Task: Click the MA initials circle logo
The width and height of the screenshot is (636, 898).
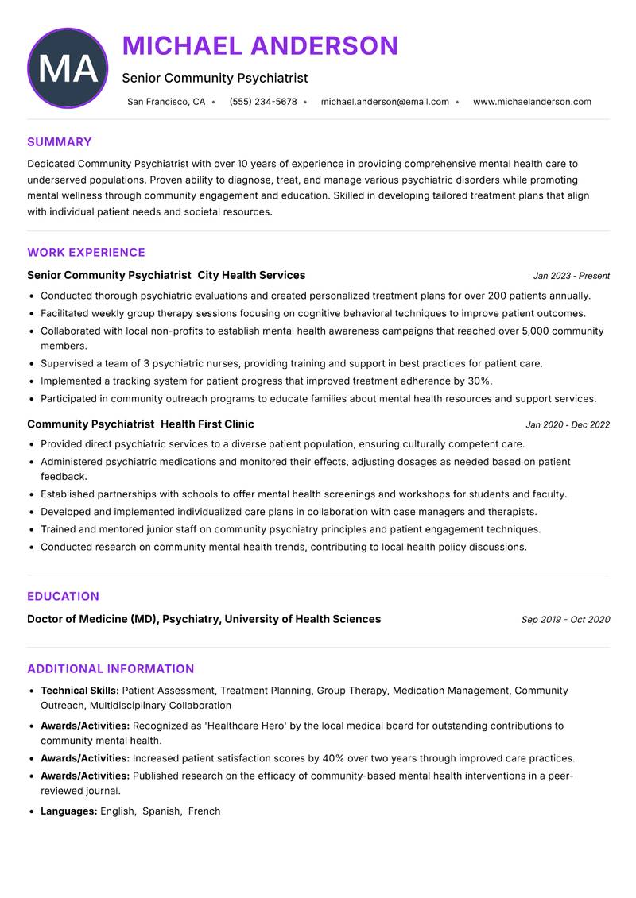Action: click(68, 68)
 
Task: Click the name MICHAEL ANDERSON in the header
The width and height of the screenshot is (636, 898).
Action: click(260, 46)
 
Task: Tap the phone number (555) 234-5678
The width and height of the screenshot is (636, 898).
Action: click(263, 102)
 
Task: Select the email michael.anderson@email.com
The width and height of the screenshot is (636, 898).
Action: click(385, 102)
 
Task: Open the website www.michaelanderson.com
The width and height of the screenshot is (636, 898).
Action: click(532, 102)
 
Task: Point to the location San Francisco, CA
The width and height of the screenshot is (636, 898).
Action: click(166, 102)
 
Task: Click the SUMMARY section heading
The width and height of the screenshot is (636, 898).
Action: click(60, 142)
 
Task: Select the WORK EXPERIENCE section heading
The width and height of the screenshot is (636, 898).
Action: click(86, 253)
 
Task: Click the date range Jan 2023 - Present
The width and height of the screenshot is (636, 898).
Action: click(571, 276)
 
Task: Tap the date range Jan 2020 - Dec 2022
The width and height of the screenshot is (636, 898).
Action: click(568, 425)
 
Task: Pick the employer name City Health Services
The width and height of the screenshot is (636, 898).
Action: click(251, 275)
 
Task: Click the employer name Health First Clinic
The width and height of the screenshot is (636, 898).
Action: click(207, 424)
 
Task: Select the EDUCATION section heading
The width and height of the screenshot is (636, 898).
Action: click(63, 597)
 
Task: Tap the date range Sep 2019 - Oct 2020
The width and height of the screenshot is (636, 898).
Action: click(565, 620)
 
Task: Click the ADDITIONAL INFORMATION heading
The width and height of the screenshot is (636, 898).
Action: click(111, 669)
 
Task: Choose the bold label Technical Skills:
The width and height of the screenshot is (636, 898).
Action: click(79, 691)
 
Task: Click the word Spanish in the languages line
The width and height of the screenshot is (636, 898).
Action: click(161, 811)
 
